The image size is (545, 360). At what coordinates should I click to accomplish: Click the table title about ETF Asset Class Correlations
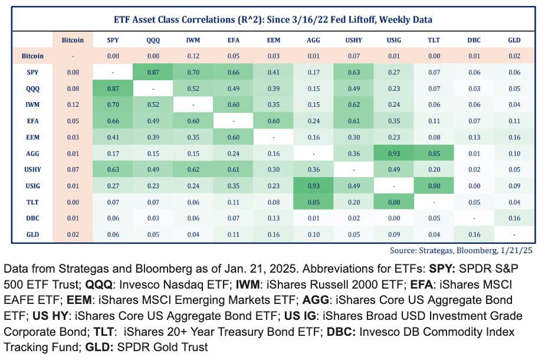pyautogui.click(x=272, y=19)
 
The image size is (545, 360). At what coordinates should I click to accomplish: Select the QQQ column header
pyautogui.click(x=153, y=41)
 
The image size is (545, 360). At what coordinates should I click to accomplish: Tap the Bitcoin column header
pyautogui.click(x=73, y=41)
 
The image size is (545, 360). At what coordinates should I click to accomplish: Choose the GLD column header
pyautogui.click(x=514, y=41)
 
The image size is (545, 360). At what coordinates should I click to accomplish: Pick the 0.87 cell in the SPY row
pyautogui.click(x=153, y=73)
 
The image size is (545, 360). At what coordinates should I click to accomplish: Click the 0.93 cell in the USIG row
pyautogui.click(x=313, y=186)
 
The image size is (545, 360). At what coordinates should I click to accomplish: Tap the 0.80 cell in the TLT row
pyautogui.click(x=393, y=202)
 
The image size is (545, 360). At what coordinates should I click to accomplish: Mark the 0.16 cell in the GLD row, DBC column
pyautogui.click(x=474, y=234)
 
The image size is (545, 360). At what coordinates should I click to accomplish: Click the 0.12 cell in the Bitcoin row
pyautogui.click(x=193, y=57)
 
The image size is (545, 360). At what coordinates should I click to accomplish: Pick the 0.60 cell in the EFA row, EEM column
pyautogui.click(x=273, y=121)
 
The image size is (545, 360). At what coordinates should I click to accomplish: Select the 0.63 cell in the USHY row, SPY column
pyautogui.click(x=113, y=169)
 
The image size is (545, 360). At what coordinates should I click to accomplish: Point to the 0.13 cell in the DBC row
pyautogui.click(x=273, y=218)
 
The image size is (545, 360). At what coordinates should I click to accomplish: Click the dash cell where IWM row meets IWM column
pyautogui.click(x=193, y=105)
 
